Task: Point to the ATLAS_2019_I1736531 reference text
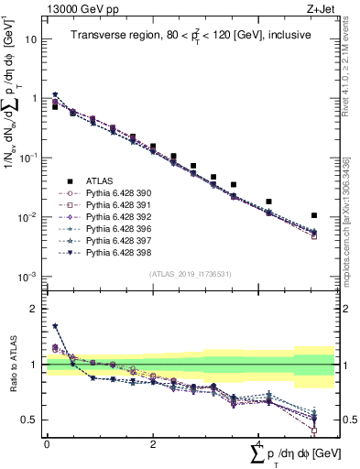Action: click(190, 274)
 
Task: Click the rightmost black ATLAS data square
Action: click(314, 216)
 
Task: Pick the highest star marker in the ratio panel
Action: click(56, 325)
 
